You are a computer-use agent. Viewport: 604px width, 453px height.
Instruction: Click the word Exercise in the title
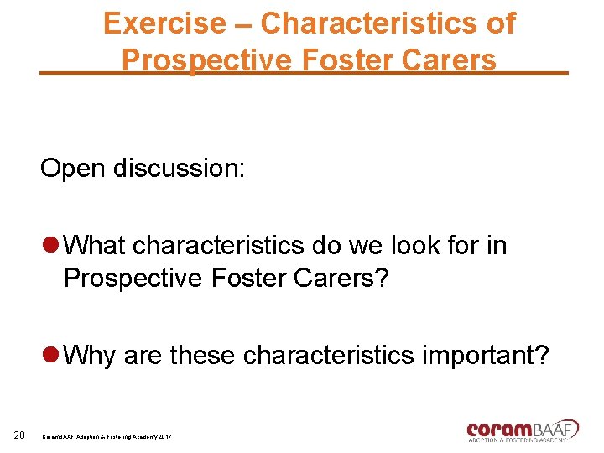click(164, 23)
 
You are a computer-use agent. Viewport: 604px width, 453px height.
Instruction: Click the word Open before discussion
click(74, 169)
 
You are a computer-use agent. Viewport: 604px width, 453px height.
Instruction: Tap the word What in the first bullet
click(95, 247)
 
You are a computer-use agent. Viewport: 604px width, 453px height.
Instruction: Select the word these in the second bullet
click(203, 356)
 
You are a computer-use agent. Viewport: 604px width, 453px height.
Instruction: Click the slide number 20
click(21, 434)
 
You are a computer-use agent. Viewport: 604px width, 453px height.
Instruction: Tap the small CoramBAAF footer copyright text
click(107, 438)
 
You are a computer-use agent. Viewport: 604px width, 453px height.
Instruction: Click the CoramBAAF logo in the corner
click(522, 430)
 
